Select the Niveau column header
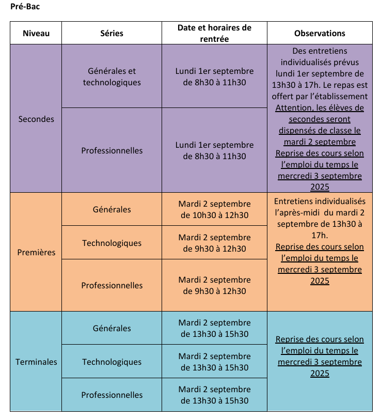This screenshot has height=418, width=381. pyautogui.click(x=36, y=33)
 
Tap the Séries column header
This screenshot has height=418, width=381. pyautogui.click(x=112, y=33)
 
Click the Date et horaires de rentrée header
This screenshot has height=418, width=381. pyautogui.click(x=214, y=33)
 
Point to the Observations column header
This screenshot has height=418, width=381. pyautogui.click(x=320, y=33)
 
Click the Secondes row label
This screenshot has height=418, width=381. pyautogui.click(x=36, y=119)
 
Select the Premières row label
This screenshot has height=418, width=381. pyautogui.click(x=36, y=253)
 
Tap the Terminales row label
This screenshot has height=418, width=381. pyautogui.click(x=36, y=362)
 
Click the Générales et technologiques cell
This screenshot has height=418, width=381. pyautogui.click(x=112, y=76)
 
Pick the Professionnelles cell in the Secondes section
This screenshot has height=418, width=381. pyautogui.click(x=112, y=151)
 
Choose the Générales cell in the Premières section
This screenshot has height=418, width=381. pyautogui.click(x=112, y=209)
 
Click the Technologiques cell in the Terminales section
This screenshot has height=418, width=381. pyautogui.click(x=112, y=362)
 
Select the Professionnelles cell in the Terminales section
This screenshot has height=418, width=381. pyautogui.click(x=112, y=395)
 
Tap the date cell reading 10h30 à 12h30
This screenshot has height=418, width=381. pyautogui.click(x=214, y=209)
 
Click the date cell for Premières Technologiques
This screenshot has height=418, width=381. pyautogui.click(x=214, y=243)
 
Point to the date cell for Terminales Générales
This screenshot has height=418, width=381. pyautogui.click(x=214, y=328)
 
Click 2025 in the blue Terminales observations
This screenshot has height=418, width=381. pyautogui.click(x=320, y=373)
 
